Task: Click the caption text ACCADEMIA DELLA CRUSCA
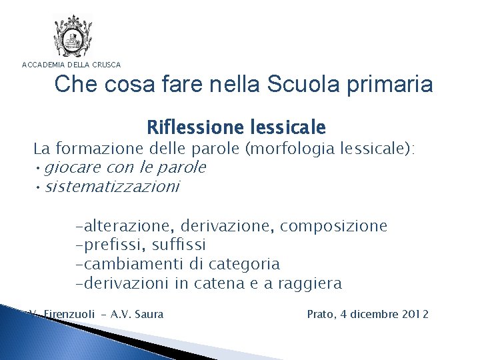[72, 65]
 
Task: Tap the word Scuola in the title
[293, 85]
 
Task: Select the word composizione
[333, 226]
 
